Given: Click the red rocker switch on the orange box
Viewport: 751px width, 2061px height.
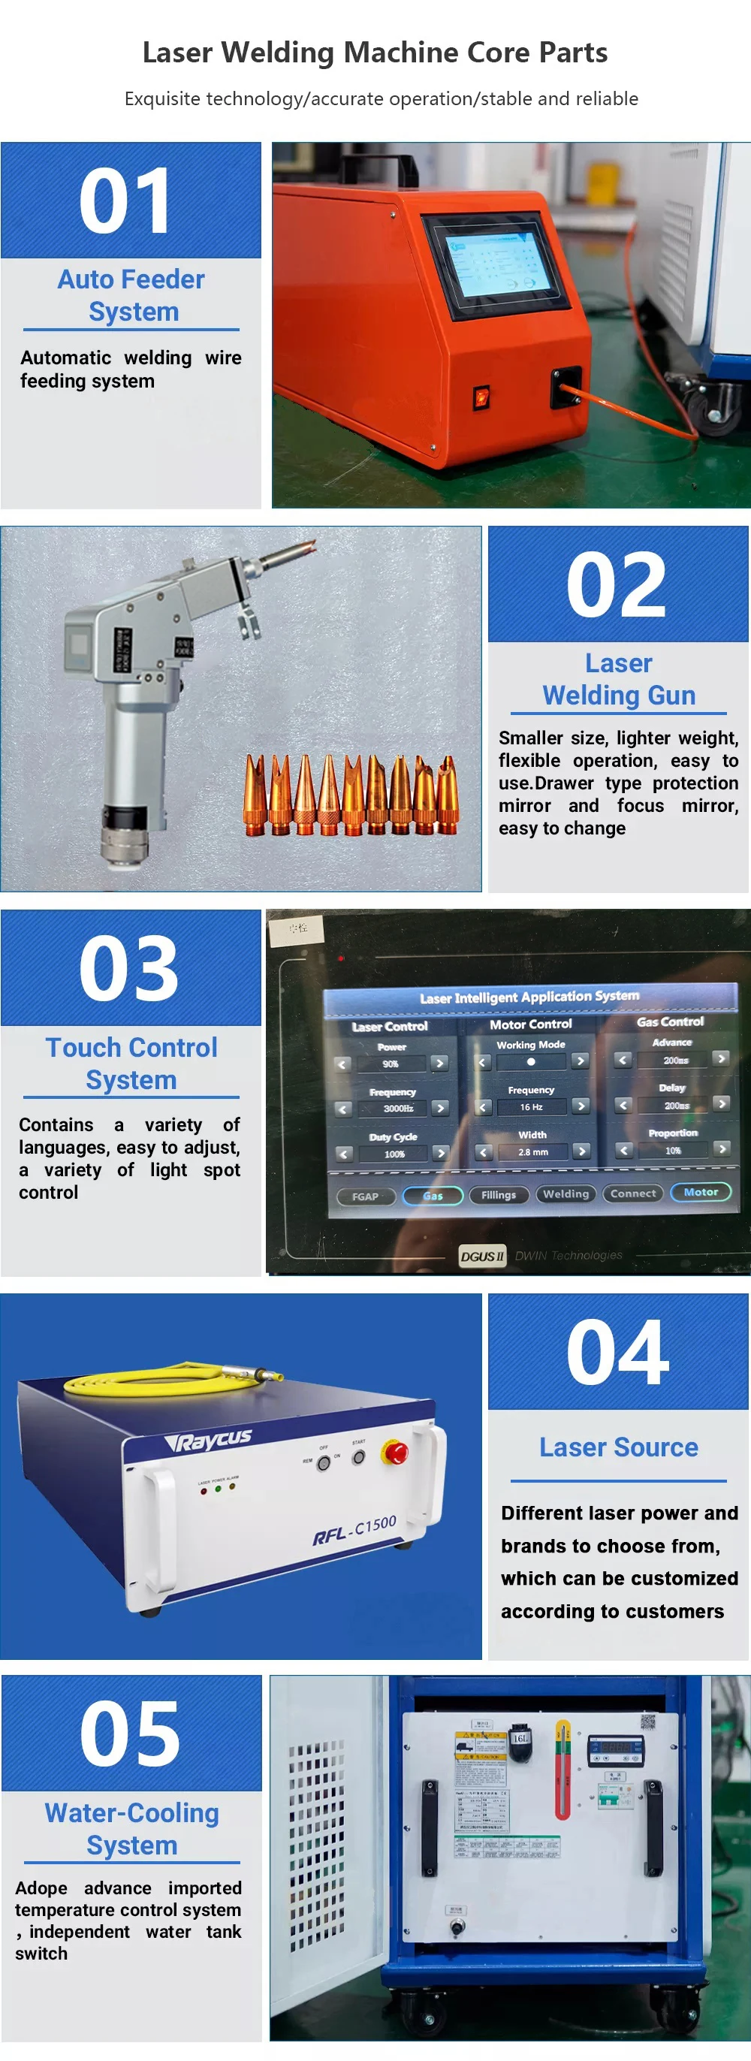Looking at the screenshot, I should pyautogui.click(x=480, y=396).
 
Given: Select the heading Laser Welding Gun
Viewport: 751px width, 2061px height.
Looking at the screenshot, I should pyautogui.click(x=618, y=679).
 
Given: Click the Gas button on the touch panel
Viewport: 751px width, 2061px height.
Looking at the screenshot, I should pyautogui.click(x=433, y=1195).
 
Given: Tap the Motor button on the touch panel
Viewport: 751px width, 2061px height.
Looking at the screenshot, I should pyautogui.click(x=701, y=1192).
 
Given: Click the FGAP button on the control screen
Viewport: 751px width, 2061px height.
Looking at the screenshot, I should pyautogui.click(x=366, y=1196).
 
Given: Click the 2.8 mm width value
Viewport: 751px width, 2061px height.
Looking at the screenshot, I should pyautogui.click(x=532, y=1152).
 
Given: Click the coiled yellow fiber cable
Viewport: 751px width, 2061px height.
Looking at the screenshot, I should pyautogui.click(x=144, y=1378).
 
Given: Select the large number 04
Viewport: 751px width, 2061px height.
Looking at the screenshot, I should pyautogui.click(x=617, y=1352).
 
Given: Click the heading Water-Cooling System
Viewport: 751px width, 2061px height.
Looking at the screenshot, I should pyautogui.click(x=132, y=1829).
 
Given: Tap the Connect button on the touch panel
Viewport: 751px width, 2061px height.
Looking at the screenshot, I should pyautogui.click(x=632, y=1193).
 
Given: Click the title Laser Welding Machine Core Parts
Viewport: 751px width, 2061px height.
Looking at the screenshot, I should pyautogui.click(x=375, y=53).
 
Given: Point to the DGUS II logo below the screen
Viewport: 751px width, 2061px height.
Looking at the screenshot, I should pyautogui.click(x=482, y=1255).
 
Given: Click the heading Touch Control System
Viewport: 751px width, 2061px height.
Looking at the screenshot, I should pyautogui.click(x=131, y=1064).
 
